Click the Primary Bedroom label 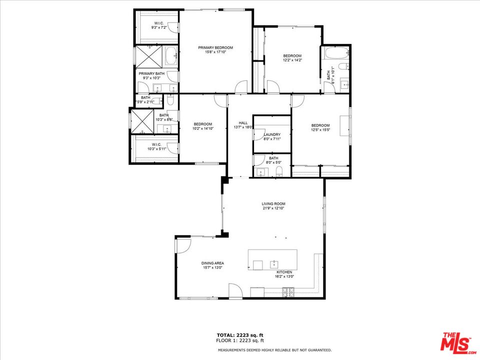[215, 48]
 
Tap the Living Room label [273, 204]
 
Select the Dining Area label [212, 263]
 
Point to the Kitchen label [284, 272]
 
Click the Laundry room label [272, 134]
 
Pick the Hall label [243, 123]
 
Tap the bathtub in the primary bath [171, 56]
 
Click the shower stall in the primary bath [149, 56]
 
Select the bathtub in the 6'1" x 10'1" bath [336, 53]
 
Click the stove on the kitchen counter [288, 292]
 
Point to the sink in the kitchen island [274, 264]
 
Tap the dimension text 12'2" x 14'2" [292, 60]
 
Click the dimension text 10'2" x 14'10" [203, 128]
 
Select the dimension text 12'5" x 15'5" [320, 130]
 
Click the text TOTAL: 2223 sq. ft [240, 335]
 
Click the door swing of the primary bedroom [241, 86]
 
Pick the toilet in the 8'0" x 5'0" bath [279, 172]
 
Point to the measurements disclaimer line [274, 350]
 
